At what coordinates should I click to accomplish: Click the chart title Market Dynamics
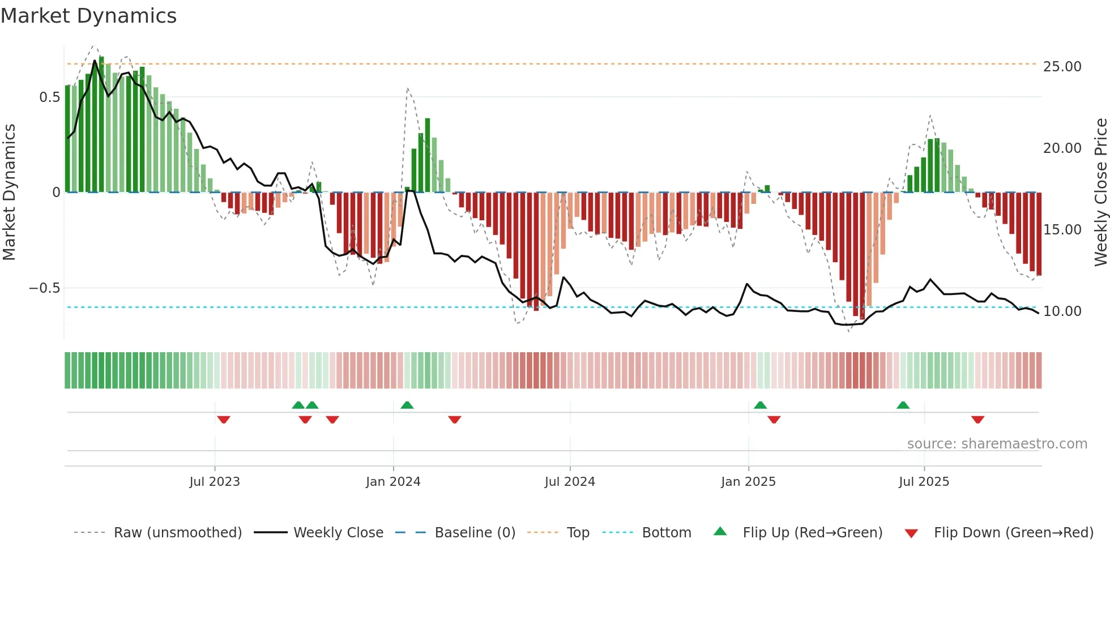coord(88,16)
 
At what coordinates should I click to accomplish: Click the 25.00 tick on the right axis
coord(1062,67)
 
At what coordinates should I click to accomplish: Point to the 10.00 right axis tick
coord(1062,311)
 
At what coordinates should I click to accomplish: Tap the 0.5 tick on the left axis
coord(49,97)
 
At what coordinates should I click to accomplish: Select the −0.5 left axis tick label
coord(44,288)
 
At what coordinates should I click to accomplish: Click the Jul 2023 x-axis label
coord(215,482)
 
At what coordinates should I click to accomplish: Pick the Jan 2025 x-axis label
coord(748,482)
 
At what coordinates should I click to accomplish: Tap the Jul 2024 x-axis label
coord(570,482)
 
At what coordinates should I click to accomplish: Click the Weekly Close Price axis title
coord(1100,193)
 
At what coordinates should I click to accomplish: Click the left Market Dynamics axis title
coord(9,193)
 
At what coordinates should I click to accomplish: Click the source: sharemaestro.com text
coord(997,444)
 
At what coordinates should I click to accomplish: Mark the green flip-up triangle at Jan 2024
coord(407,405)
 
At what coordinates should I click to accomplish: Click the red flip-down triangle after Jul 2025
coord(977,420)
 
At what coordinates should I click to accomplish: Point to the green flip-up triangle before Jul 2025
coord(903,405)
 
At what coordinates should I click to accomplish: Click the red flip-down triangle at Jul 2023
coord(223,420)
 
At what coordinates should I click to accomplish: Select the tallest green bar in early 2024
coord(428,156)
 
